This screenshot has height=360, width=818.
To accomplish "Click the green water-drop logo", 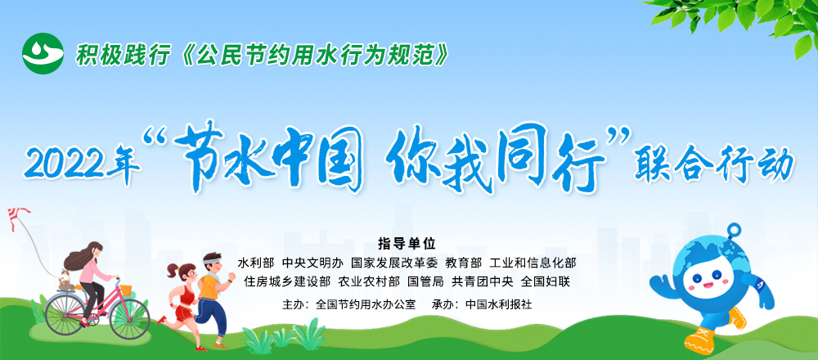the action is (x=43, y=53).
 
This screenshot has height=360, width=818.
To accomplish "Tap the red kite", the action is (x=18, y=215).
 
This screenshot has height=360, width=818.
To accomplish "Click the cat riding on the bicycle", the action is (x=65, y=281).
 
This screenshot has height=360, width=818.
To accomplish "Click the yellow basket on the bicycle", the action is (x=126, y=290).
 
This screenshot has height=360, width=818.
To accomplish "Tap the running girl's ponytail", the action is (x=173, y=270).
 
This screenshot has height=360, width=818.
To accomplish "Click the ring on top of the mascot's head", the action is (x=734, y=230).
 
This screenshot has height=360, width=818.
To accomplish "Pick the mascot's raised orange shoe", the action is (x=737, y=317).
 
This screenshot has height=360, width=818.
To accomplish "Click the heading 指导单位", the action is (x=407, y=244).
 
